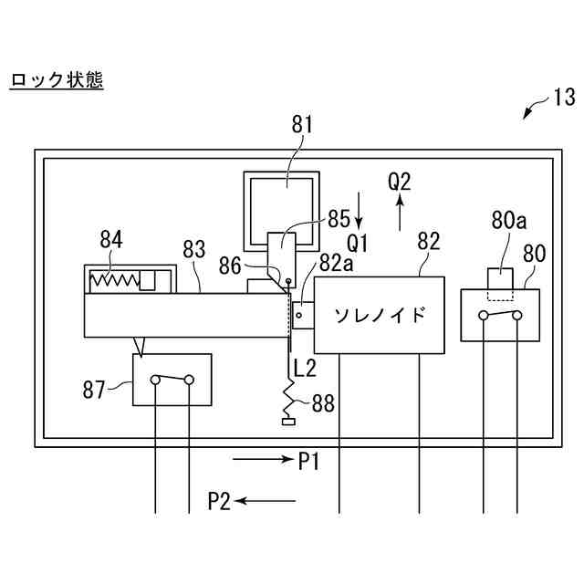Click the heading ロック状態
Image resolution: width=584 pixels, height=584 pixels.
56,81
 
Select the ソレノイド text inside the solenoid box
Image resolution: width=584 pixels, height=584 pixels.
377,315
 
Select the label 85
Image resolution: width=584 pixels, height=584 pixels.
339,220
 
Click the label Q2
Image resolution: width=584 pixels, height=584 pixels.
400,182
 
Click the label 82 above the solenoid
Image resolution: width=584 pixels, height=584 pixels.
427,242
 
